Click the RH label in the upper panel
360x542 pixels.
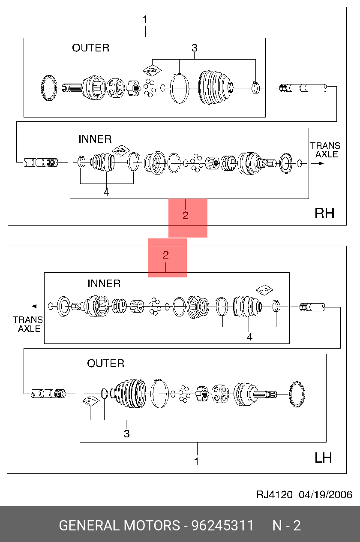point(324,213)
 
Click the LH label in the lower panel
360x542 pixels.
point(323,458)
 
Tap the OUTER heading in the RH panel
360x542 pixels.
point(90,48)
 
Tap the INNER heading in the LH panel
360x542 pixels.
point(104,283)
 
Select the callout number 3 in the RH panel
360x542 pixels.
point(194,48)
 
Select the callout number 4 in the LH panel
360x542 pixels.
point(249,337)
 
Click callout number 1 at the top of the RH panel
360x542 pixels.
point(145,20)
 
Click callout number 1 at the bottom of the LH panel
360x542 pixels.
point(197,461)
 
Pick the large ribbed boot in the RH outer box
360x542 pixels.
point(214,87)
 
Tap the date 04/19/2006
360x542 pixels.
point(325,494)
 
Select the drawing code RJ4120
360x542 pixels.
point(274,494)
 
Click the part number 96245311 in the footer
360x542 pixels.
point(222,525)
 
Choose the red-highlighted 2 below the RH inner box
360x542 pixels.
point(186,216)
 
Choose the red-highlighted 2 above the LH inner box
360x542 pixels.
point(166,256)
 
